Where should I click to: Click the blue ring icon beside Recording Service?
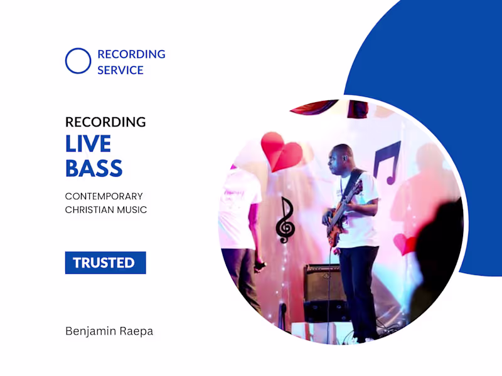[78, 61]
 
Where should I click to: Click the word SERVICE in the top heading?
[120, 70]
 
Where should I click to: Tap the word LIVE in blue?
[88, 144]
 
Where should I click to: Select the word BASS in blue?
[93, 168]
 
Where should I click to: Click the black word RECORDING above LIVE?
[105, 122]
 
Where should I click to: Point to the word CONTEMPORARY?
[104, 196]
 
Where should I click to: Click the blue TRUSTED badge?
[105, 263]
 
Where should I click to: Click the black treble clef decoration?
[286, 221]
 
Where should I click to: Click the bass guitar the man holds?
[344, 210]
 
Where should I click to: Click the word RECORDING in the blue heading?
[131, 55]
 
